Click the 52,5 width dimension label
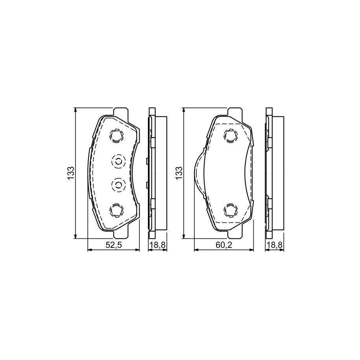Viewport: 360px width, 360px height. [x=113, y=245]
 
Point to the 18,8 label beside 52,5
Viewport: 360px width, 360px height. [x=157, y=245]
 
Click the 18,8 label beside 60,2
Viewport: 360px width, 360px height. [x=275, y=245]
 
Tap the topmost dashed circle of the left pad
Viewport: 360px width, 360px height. [x=116, y=136]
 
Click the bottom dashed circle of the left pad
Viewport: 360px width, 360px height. [x=116, y=210]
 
